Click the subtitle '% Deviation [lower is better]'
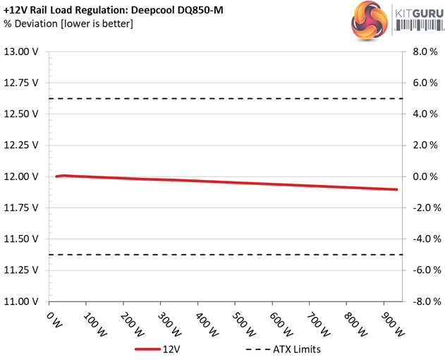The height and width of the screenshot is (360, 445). coord(68,24)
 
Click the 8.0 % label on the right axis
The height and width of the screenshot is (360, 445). coord(420,52)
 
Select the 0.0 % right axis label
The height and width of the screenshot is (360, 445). coord(420,176)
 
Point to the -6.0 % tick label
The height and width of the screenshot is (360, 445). coord(419,270)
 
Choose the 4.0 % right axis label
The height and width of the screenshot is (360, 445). coord(420,114)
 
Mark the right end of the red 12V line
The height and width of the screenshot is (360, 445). coord(396,189)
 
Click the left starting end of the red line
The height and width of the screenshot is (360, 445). coord(56,176)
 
